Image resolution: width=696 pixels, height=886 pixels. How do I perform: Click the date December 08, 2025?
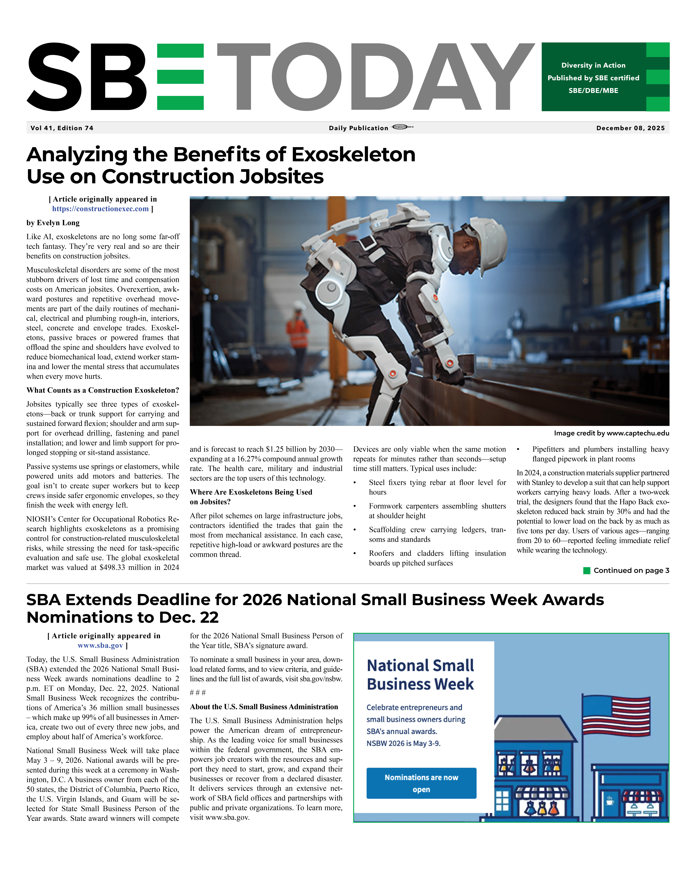click(630, 128)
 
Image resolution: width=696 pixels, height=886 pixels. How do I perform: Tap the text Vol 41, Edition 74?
click(62, 128)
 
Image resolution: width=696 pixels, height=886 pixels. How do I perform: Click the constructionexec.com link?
click(100, 209)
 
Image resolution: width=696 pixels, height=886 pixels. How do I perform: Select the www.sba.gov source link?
click(100, 645)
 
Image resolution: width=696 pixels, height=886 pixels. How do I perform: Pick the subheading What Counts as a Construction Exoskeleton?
click(103, 390)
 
